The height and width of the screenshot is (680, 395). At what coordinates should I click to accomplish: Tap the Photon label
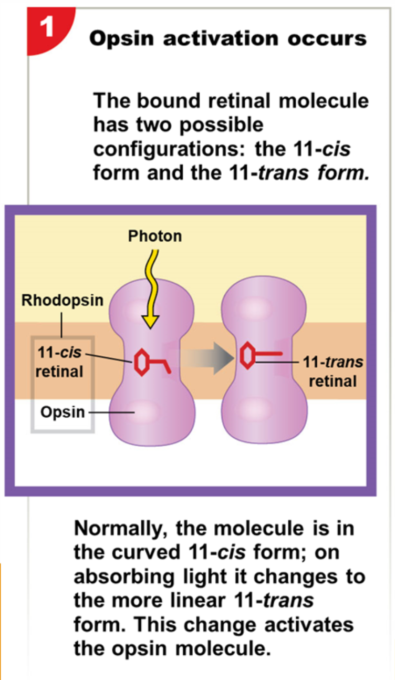[x=155, y=236]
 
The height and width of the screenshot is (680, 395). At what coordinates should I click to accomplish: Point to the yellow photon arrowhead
[x=151, y=320]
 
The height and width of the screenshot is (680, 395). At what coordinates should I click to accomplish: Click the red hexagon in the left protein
[x=140, y=362]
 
